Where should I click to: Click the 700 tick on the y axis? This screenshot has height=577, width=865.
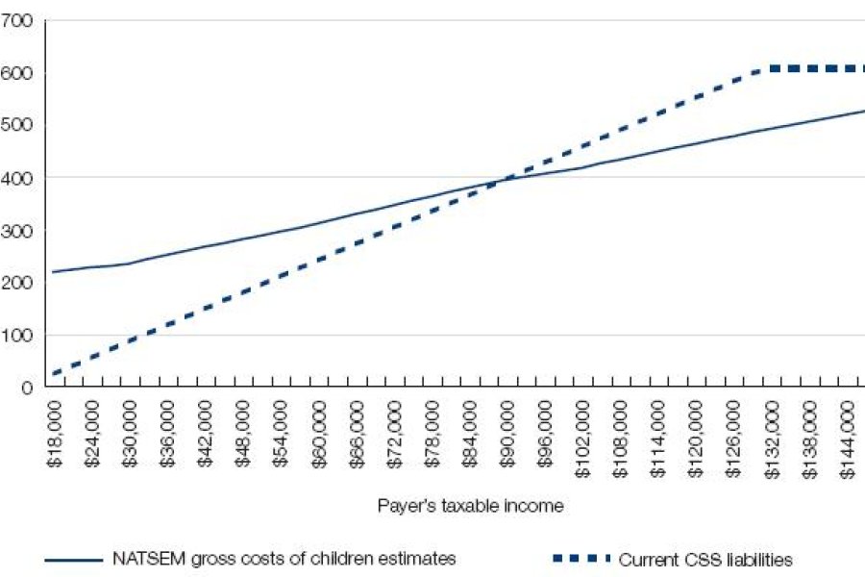click(18, 20)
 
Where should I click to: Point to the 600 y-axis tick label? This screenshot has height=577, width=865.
click(18, 73)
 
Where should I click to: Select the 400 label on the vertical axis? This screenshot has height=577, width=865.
click(18, 178)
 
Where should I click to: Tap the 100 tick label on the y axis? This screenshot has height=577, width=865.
click(18, 336)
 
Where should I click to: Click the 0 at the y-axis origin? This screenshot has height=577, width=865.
click(26, 388)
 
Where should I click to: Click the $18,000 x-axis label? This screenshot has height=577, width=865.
click(54, 437)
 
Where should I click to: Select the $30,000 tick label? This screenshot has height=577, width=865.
click(130, 437)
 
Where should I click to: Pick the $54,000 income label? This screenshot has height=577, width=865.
click(281, 437)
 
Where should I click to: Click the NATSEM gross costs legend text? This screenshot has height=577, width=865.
click(284, 558)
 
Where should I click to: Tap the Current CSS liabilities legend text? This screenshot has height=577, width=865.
click(705, 559)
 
